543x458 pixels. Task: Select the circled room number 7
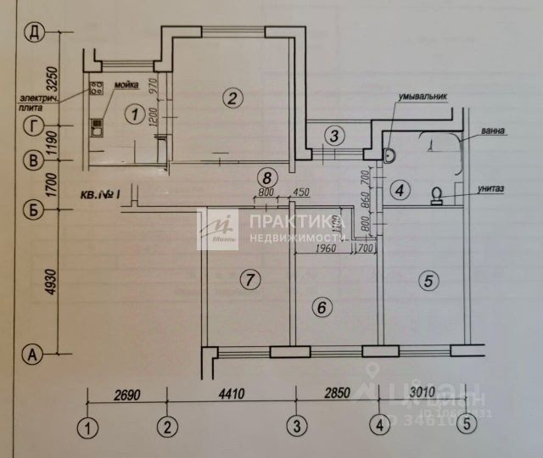pyautogui.click(x=248, y=278)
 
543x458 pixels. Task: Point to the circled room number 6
pyautogui.click(x=320, y=307)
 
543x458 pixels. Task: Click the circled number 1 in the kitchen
pyautogui.click(x=132, y=112)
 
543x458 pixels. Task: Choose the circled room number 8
pyautogui.click(x=267, y=177)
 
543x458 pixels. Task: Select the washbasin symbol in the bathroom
pyautogui.click(x=390, y=155)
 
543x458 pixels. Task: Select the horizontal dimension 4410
pyautogui.click(x=231, y=393)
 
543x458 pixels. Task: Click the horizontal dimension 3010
pyautogui.click(x=421, y=393)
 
